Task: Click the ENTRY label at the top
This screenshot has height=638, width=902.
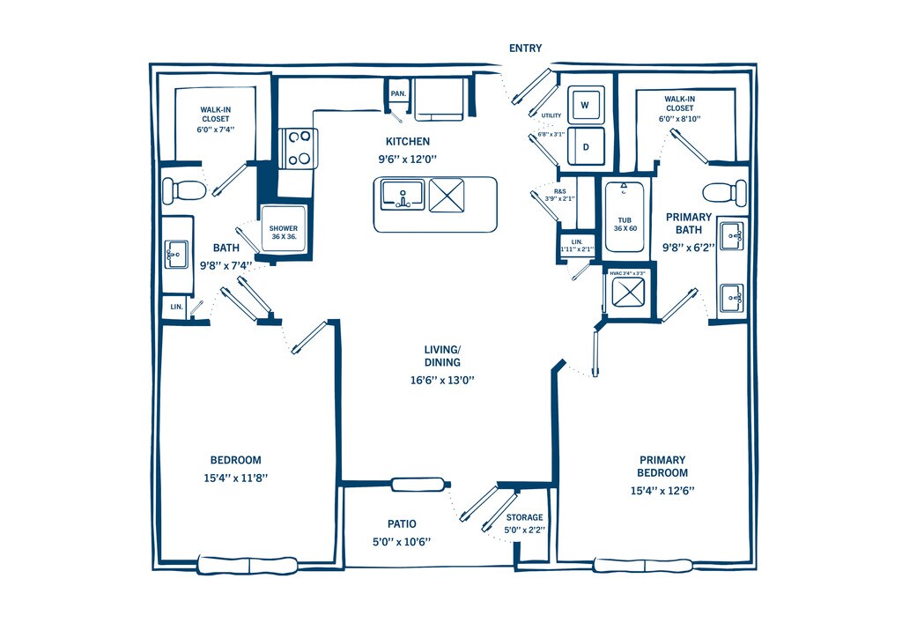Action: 525,48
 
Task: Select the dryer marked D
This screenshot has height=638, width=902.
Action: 585,147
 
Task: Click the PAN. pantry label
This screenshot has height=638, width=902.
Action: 398,93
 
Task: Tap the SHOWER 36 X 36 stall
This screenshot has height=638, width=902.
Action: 283,232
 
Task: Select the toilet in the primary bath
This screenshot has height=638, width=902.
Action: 722,191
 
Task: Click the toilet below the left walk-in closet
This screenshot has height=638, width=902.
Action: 183,189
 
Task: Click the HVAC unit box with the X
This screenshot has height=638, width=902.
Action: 629,296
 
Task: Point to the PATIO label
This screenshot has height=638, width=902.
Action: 402,523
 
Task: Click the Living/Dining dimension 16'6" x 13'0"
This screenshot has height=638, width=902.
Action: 441,381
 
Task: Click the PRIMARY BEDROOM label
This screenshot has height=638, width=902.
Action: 662,465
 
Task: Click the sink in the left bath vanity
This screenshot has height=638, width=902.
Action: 176,255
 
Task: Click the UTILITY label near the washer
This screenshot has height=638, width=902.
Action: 551,115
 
